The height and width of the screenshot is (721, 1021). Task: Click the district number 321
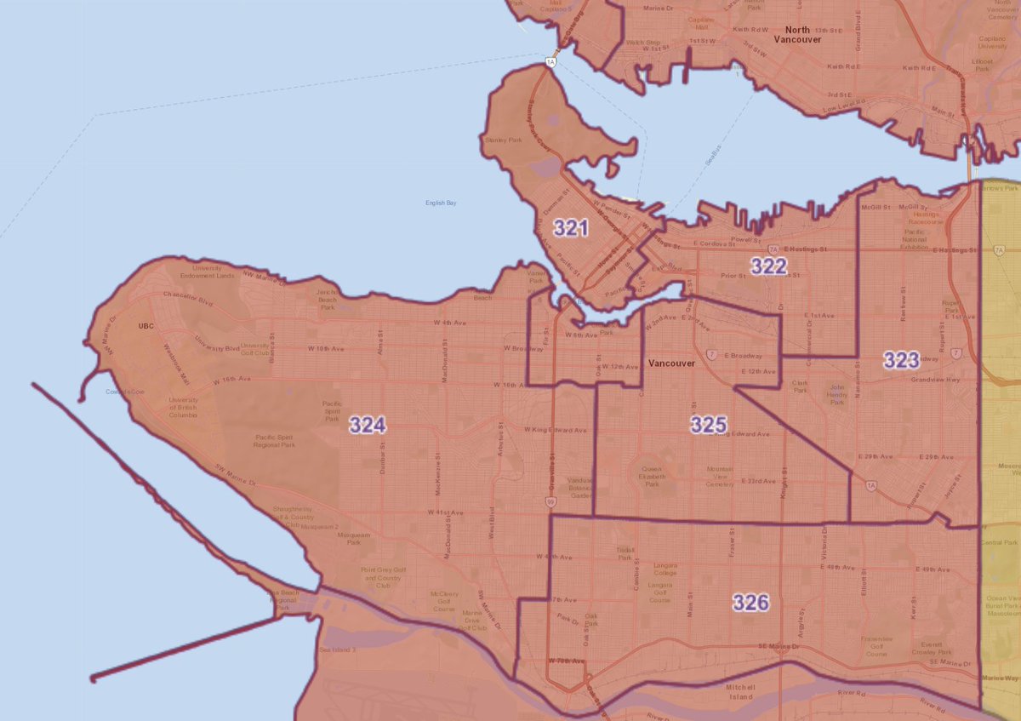[571, 227]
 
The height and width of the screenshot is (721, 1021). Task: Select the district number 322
[768, 266]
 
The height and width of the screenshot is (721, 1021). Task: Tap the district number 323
[900, 360]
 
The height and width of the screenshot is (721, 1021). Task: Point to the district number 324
[368, 426]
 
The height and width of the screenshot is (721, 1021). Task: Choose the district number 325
[708, 424]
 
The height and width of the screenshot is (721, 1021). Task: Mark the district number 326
[750, 603]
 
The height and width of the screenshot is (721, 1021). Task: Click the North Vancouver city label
[798, 35]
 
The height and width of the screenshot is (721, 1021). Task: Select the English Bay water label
[442, 203]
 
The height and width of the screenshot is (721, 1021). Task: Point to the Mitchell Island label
[746, 691]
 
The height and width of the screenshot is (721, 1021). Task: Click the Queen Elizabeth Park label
[651, 474]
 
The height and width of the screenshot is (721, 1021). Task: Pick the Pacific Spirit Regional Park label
[275, 441]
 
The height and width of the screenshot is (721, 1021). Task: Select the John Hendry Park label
[838, 395]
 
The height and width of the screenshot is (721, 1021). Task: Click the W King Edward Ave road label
[556, 430]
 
